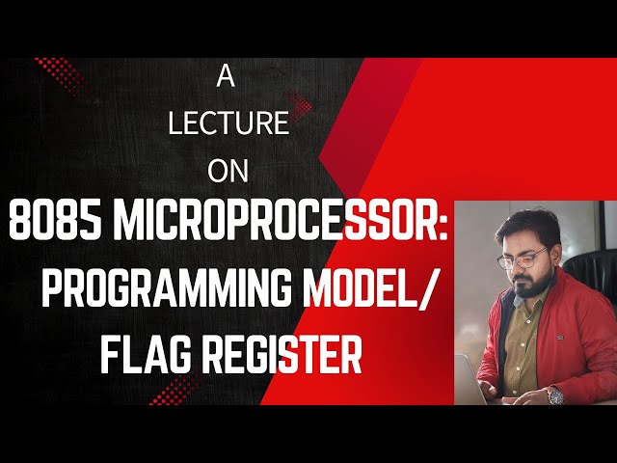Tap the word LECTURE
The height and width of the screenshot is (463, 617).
point(228,124)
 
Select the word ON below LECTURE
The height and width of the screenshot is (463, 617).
point(228,170)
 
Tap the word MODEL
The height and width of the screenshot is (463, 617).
point(357,292)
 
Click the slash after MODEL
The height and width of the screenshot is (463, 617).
point(427,292)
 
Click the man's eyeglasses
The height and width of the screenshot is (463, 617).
point(522,259)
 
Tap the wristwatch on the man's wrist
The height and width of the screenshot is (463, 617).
point(553,395)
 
